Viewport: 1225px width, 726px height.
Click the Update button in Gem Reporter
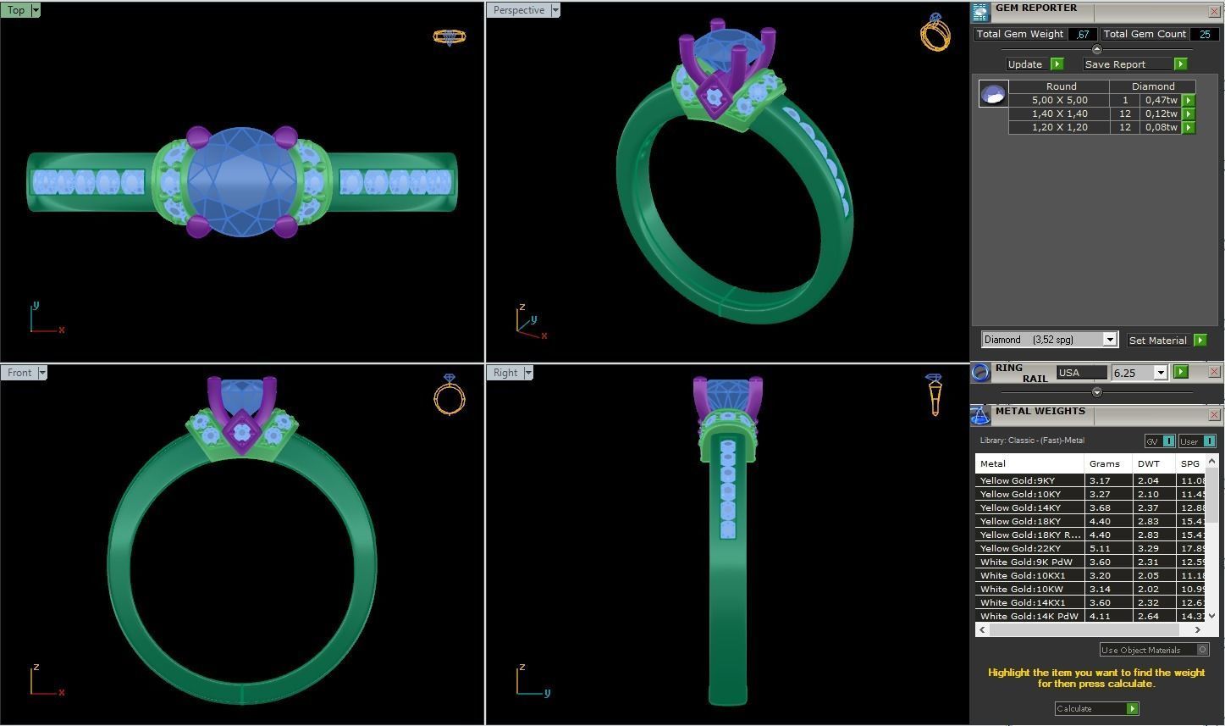click(x=1025, y=64)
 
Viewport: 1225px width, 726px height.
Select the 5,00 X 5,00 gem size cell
click(x=1059, y=100)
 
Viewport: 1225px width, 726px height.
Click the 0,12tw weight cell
click(x=1161, y=114)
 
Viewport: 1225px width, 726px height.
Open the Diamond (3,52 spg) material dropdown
click(x=1109, y=340)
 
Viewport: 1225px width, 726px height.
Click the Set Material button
click(x=1157, y=341)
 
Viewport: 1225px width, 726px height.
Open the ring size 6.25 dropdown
click(x=1160, y=373)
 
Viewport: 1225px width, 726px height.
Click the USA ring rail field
click(x=1080, y=373)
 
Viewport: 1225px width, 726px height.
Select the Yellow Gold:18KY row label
click(x=1020, y=521)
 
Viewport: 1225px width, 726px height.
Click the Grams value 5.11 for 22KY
click(x=1100, y=548)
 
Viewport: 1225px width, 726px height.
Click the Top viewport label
click(x=16, y=10)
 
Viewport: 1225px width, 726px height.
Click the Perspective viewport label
click(x=518, y=10)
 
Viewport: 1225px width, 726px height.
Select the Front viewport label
click(x=19, y=373)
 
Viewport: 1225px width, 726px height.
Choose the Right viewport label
click(x=505, y=373)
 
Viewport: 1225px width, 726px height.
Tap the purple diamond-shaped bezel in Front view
click(x=242, y=432)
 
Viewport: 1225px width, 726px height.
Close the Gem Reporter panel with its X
click(x=1213, y=11)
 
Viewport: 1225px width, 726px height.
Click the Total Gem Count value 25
click(x=1203, y=34)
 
